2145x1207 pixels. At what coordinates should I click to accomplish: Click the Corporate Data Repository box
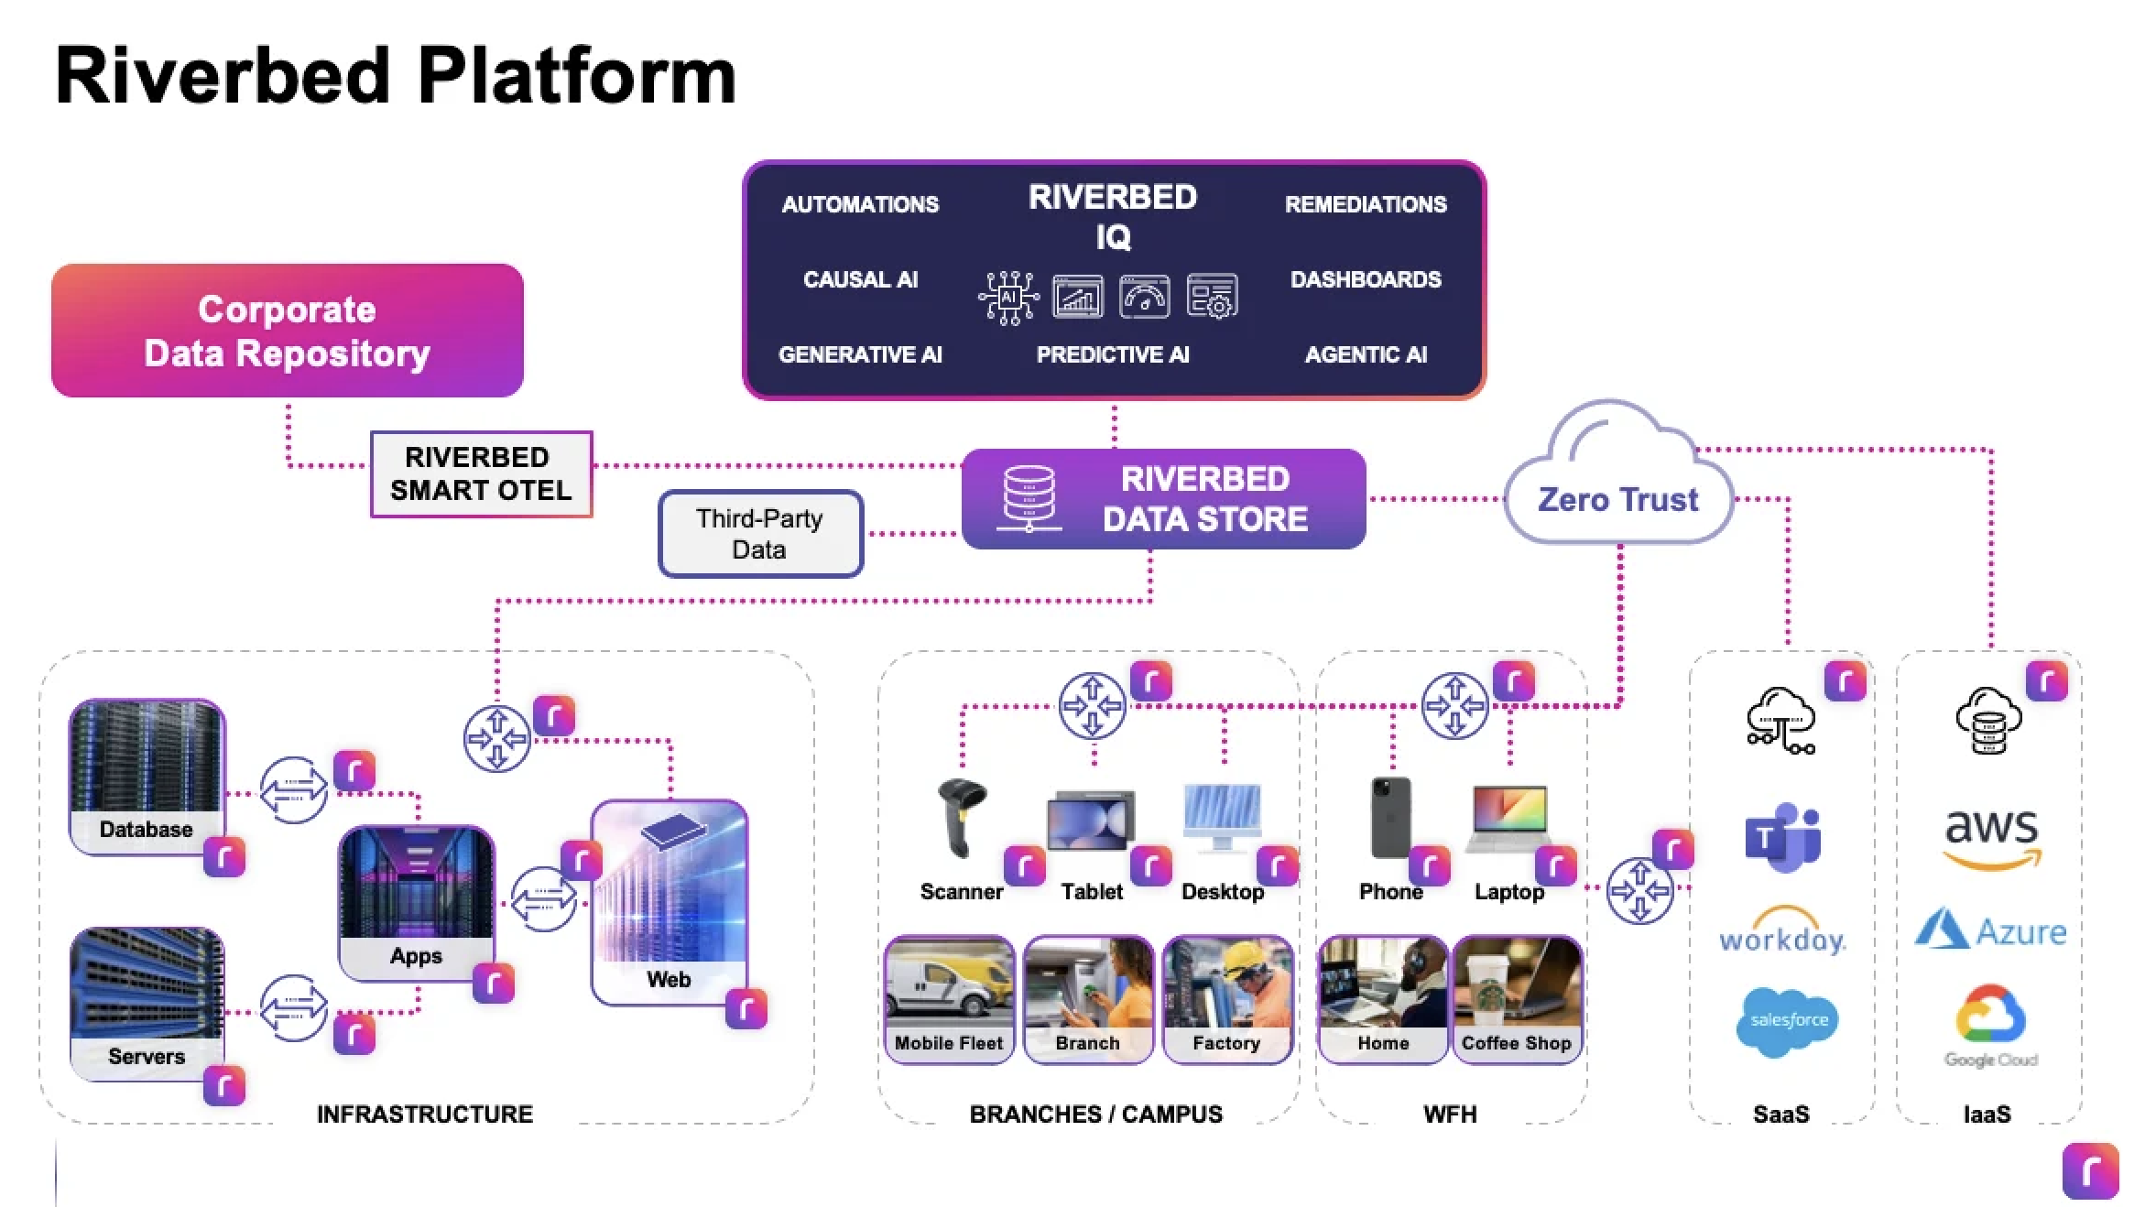click(287, 331)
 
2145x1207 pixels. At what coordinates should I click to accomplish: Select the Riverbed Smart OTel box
click(481, 473)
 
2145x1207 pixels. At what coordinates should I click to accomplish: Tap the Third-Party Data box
click(760, 534)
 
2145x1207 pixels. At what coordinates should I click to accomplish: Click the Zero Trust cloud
click(1618, 485)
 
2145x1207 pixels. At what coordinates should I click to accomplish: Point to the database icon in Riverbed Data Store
click(1029, 498)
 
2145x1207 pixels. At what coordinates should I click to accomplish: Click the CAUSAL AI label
click(860, 279)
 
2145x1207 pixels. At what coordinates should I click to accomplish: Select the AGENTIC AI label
click(1366, 354)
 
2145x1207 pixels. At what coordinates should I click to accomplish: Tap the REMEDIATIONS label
click(1366, 204)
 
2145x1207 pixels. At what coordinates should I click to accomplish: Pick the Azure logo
click(1990, 930)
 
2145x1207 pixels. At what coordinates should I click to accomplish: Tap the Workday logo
click(1782, 931)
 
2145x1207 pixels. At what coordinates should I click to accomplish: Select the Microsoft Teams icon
click(1781, 838)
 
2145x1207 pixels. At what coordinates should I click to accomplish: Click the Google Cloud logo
click(1990, 1026)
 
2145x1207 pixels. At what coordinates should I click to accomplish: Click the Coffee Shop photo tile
click(1517, 999)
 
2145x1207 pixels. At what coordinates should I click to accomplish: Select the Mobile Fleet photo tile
click(949, 999)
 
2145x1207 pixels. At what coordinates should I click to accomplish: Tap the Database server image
click(147, 777)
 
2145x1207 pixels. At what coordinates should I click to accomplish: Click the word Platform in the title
click(577, 76)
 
